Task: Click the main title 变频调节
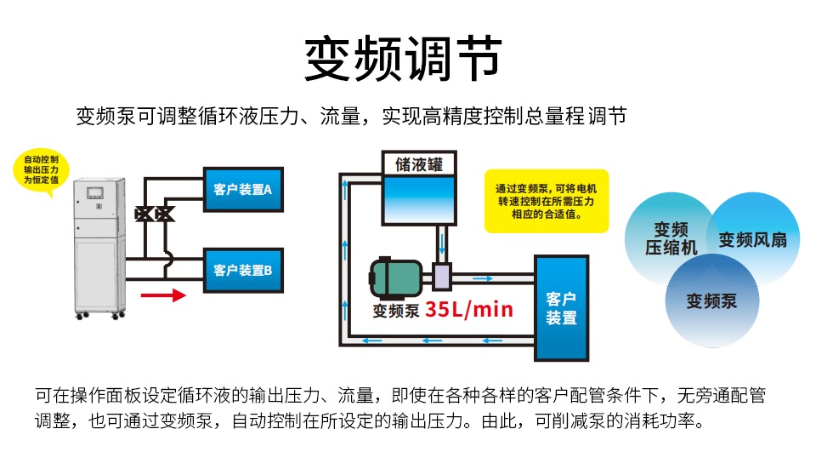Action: [x=403, y=59]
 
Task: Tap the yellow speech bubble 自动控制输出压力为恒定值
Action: [x=41, y=170]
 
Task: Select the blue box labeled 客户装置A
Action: [x=243, y=189]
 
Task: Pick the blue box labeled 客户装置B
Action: [x=243, y=270]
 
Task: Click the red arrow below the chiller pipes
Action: [x=163, y=295]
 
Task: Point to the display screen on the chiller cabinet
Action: [x=94, y=193]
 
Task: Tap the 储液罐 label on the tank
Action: [x=419, y=164]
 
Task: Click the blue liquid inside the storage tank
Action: [x=419, y=199]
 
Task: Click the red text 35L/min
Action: [x=469, y=310]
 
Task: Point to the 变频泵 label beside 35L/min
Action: [x=396, y=311]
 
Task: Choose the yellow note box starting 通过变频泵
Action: [x=547, y=201]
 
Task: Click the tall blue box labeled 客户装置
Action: [x=562, y=308]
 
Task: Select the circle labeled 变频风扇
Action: [x=752, y=238]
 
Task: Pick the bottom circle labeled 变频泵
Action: [x=712, y=300]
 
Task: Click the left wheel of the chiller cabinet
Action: [x=80, y=315]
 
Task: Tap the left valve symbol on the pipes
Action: [x=144, y=214]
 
